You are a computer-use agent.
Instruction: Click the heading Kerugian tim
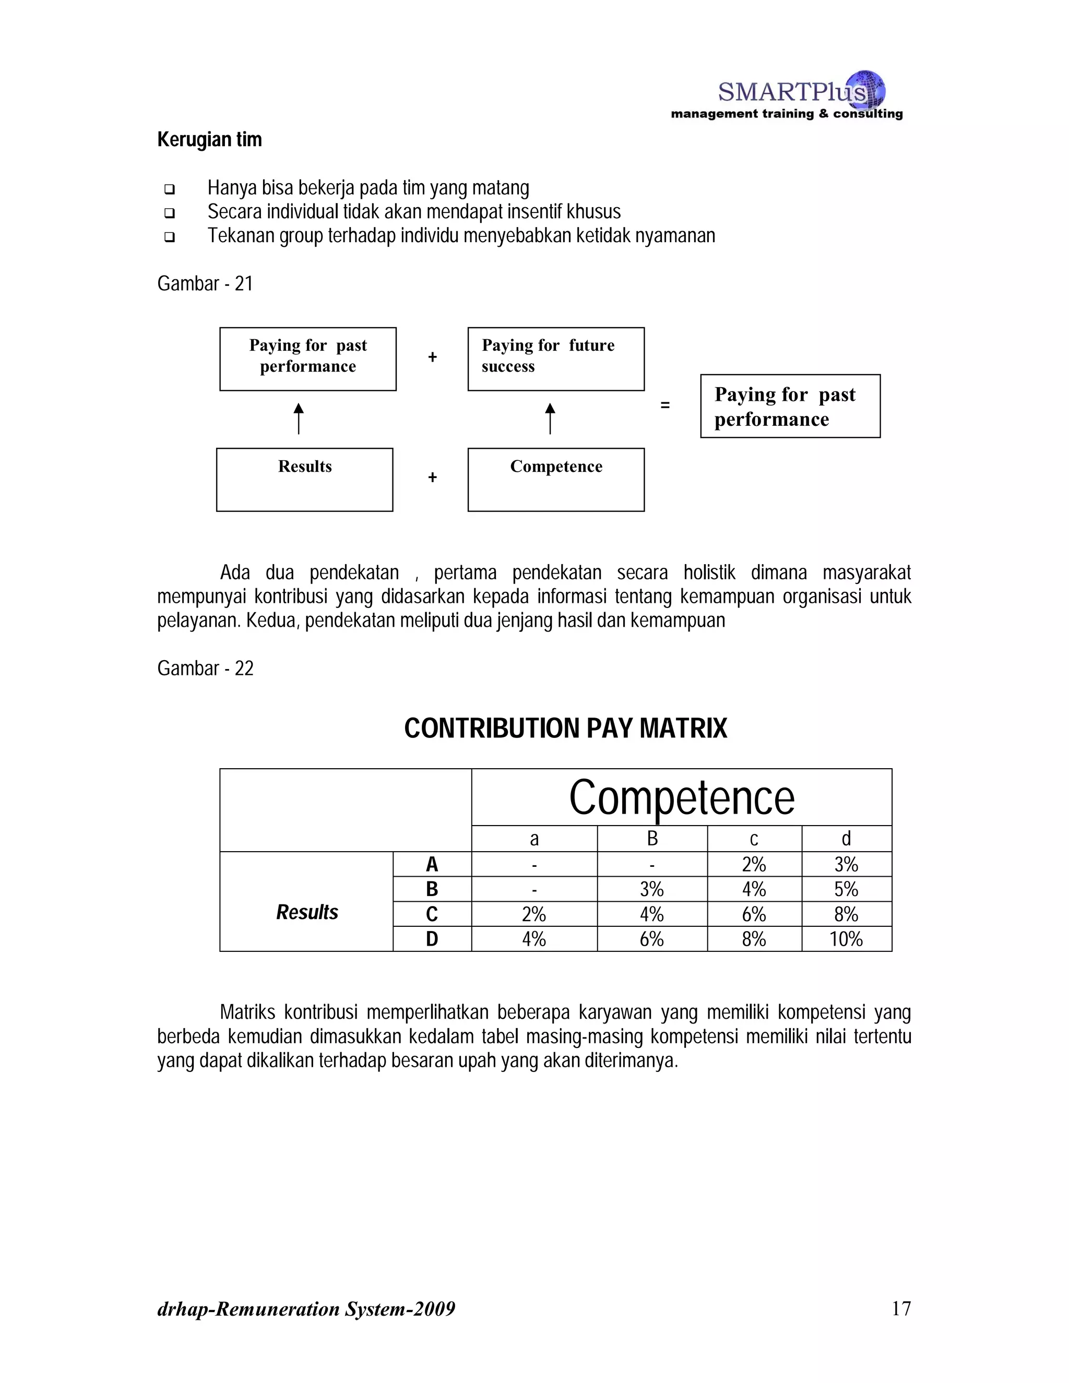click(209, 139)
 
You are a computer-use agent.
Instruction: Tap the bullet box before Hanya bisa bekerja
click(169, 189)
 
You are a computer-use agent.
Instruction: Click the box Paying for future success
click(555, 359)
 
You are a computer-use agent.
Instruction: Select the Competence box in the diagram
click(555, 480)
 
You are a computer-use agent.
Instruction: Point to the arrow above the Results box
click(298, 419)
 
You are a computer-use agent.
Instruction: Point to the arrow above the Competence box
click(550, 419)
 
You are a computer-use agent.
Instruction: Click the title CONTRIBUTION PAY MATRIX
click(565, 728)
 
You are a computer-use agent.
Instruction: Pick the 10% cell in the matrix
click(846, 938)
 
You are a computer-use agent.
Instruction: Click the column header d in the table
click(846, 839)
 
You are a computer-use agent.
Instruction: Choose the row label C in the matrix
click(432, 914)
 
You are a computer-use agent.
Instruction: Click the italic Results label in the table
click(307, 912)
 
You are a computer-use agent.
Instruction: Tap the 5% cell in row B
click(846, 889)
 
